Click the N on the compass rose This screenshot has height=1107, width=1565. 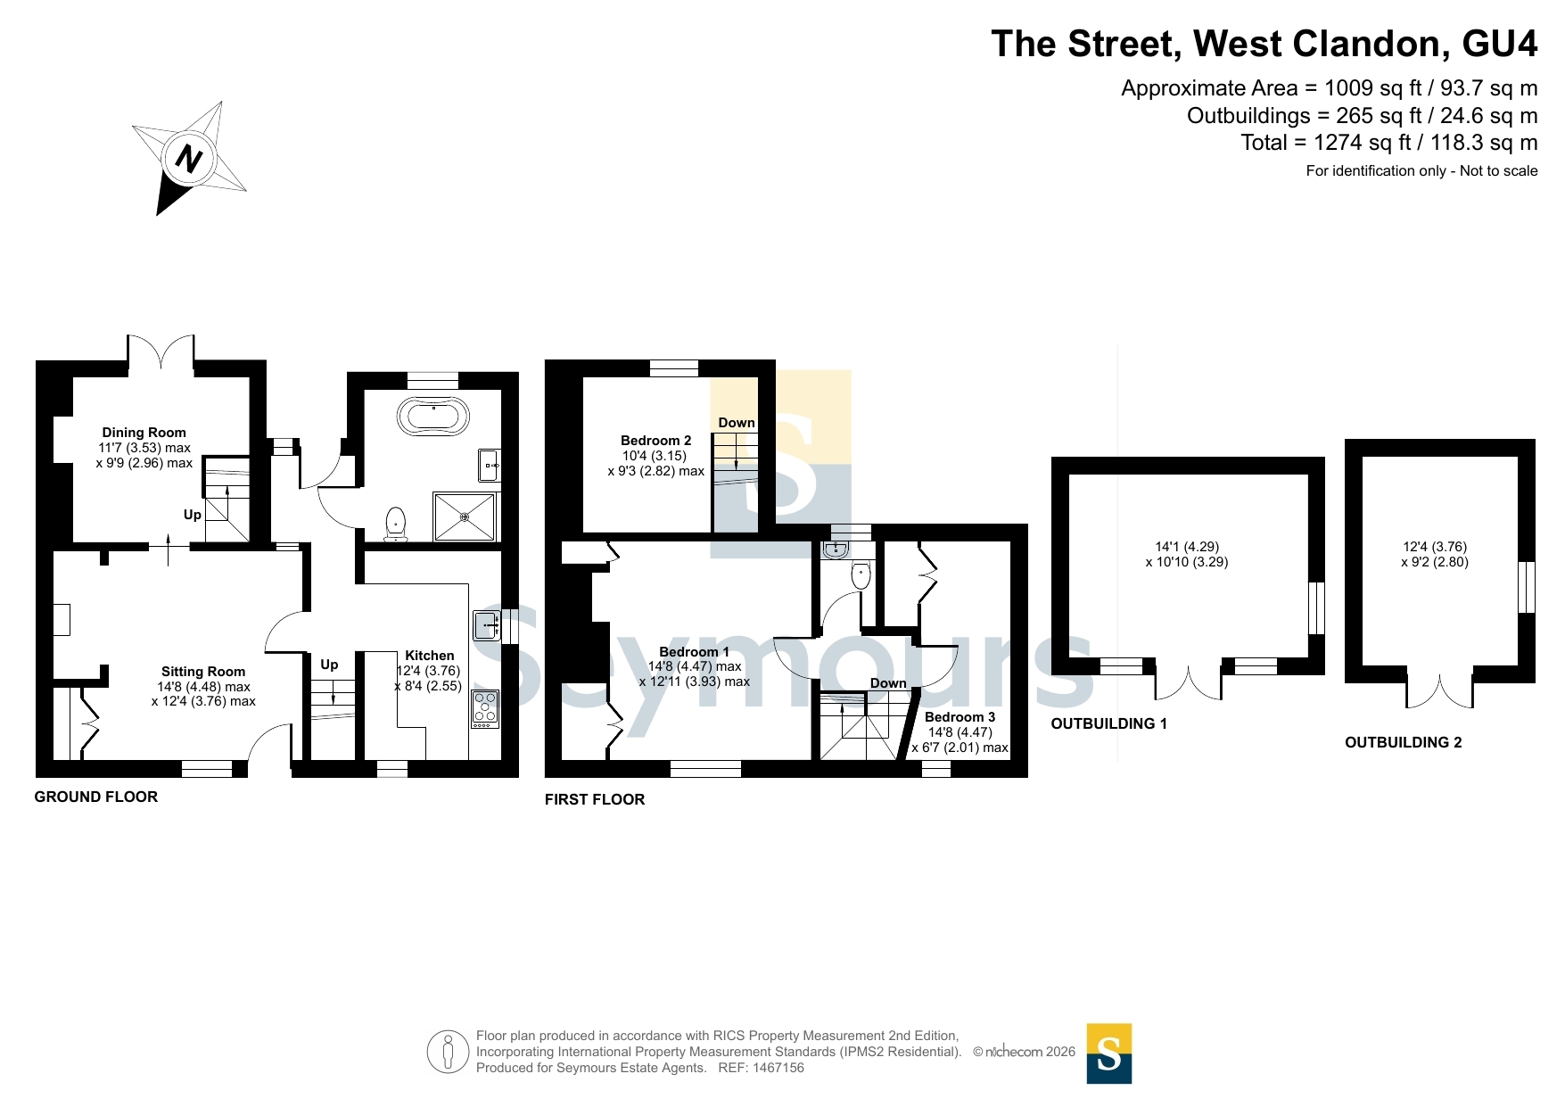[x=188, y=159]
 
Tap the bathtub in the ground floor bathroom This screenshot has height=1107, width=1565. [x=433, y=416]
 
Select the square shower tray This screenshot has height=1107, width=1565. [x=465, y=516]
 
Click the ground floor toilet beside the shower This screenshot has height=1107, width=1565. [x=395, y=525]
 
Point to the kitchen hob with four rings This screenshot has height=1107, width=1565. [x=485, y=709]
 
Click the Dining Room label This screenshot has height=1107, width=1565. [x=144, y=433]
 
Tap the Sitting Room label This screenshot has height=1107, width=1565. [x=203, y=672]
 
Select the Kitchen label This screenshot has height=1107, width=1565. [x=430, y=656]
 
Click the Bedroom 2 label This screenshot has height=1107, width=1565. [x=656, y=441]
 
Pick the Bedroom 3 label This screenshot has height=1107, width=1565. [x=960, y=717]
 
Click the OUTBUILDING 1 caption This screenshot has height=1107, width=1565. [x=1108, y=723]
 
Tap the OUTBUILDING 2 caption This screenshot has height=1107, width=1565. [x=1403, y=742]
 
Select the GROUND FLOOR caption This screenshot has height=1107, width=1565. [x=96, y=797]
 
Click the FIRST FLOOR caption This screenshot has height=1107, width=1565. [x=595, y=799]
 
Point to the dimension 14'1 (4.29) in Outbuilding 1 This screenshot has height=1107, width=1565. [x=1187, y=547]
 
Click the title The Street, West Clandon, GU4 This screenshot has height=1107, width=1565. [x=1264, y=44]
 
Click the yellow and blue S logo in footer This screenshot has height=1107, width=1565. [x=1109, y=1053]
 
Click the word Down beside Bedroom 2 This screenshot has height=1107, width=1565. [x=737, y=423]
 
